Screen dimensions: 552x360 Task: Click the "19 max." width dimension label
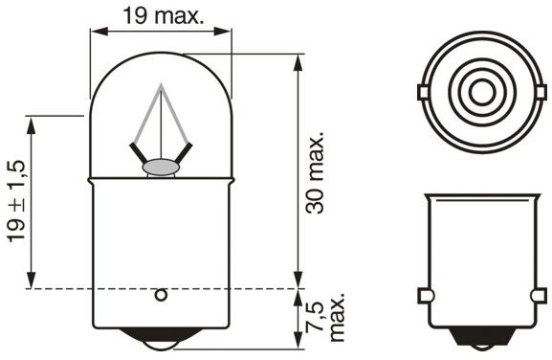point(164,16)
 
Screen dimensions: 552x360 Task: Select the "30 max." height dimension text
point(315,173)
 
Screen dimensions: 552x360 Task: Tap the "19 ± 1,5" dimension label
point(16,201)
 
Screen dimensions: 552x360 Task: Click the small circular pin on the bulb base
point(161,295)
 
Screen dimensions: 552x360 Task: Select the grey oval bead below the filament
point(161,168)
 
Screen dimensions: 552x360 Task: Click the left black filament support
point(138,153)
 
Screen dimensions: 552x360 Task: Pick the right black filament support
point(184,153)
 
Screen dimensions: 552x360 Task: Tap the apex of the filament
point(161,83)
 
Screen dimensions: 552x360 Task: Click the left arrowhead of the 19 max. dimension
point(99,31)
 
